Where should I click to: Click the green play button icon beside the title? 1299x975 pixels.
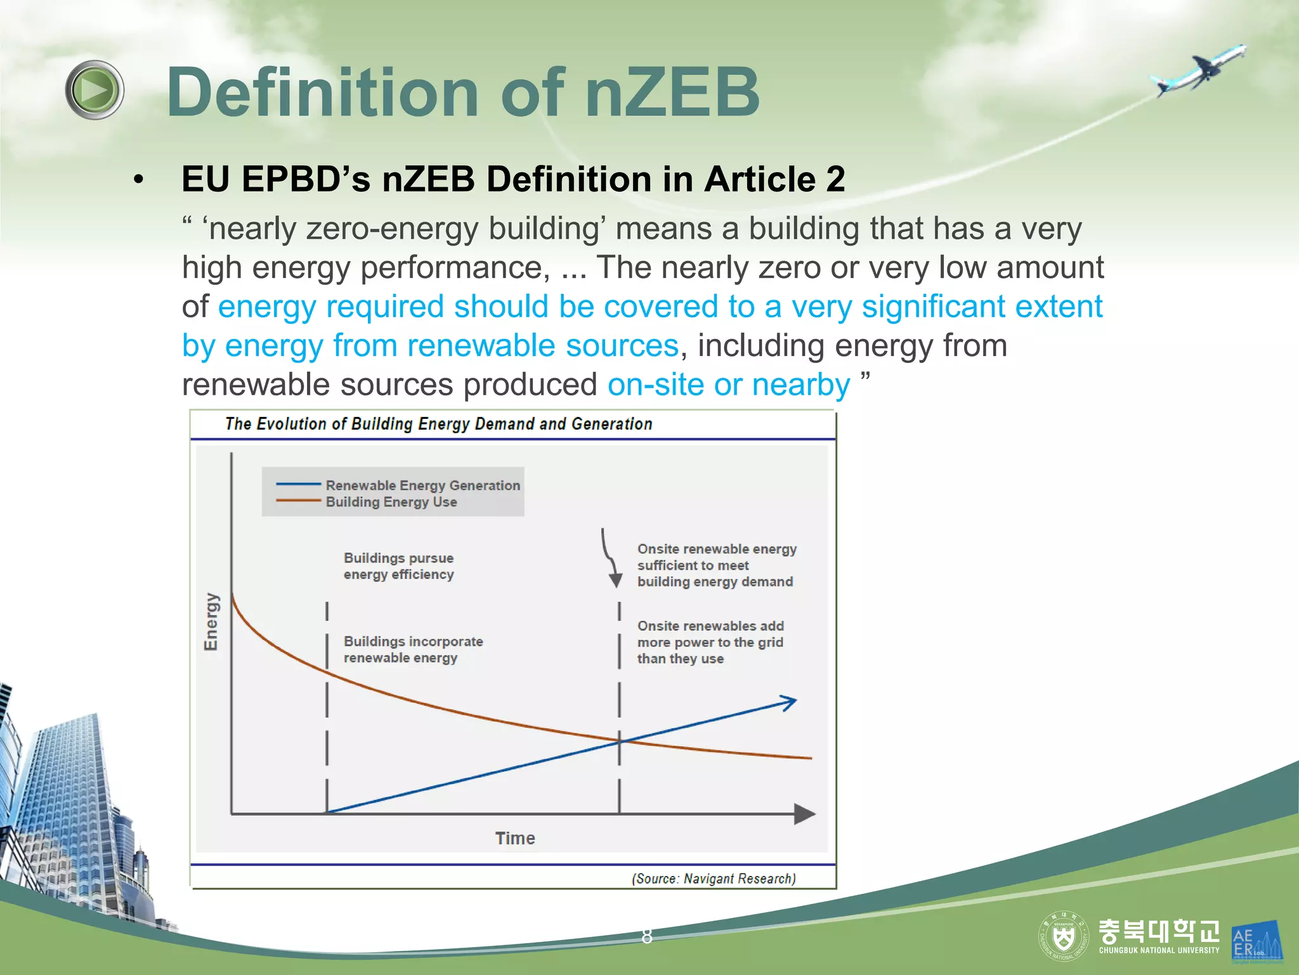point(95,90)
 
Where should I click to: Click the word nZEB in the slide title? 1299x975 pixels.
point(672,93)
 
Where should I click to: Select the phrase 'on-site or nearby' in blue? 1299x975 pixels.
point(728,385)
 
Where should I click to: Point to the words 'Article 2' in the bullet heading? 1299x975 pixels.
point(774,179)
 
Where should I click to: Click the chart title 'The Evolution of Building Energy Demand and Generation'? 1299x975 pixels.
point(438,424)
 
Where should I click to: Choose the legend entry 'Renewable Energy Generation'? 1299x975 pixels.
point(422,486)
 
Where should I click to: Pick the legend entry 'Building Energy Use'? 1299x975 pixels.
point(391,502)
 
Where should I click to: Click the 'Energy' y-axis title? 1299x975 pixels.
point(211,621)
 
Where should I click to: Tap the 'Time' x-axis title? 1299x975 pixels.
point(515,839)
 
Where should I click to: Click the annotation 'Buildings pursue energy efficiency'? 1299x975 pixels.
point(398,566)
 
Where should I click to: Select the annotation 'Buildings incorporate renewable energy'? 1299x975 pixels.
point(413,649)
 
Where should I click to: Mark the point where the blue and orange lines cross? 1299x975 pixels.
point(620,741)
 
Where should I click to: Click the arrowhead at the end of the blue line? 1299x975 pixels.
point(789,702)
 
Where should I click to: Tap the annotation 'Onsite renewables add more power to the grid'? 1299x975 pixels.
point(710,642)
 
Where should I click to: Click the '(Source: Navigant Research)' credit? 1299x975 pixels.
point(714,879)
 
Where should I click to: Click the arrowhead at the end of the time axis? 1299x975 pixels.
point(804,814)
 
